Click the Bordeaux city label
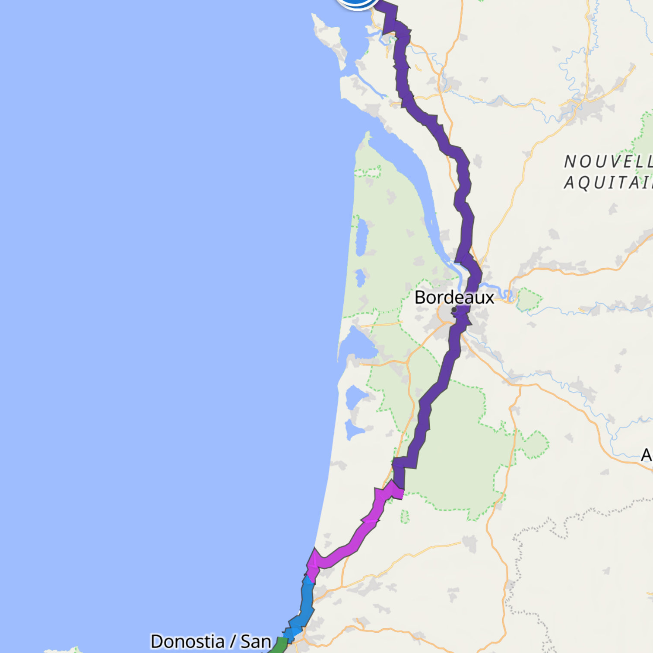454,298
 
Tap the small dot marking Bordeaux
454,310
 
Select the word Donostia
187,641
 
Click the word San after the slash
256,641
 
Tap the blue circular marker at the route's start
357,2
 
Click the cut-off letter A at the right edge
647,455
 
